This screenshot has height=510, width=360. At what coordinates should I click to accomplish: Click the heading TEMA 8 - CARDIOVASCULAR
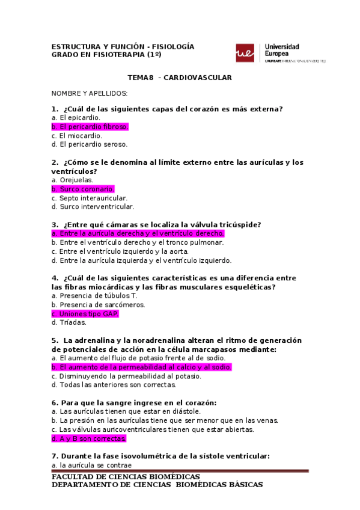click(x=180, y=78)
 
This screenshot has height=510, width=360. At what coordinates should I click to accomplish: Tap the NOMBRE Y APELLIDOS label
click(x=89, y=94)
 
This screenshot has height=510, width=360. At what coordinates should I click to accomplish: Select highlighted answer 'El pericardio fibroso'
click(x=90, y=127)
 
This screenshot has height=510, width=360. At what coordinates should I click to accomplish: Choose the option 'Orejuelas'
click(x=73, y=180)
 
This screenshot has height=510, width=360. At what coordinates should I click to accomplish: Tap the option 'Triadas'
click(x=69, y=322)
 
